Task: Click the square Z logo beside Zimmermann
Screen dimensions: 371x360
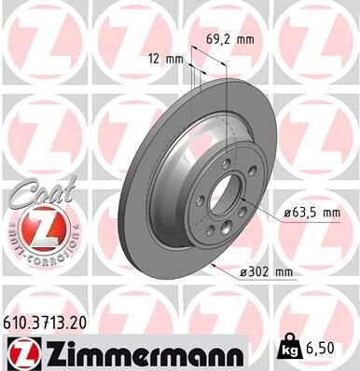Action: (x=20, y=353)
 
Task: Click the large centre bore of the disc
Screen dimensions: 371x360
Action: (x=225, y=201)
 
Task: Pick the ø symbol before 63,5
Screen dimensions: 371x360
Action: (x=284, y=213)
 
